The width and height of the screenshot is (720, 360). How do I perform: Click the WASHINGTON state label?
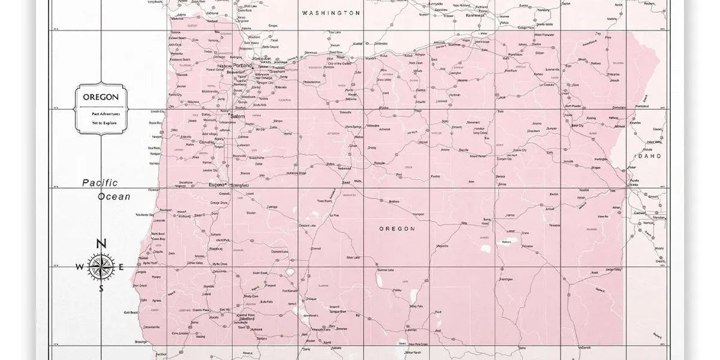[x=331, y=13]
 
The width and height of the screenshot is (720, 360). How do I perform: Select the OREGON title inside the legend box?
[x=100, y=97]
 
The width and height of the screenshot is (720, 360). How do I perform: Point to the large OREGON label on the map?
[x=397, y=229]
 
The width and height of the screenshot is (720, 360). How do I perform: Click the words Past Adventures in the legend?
[x=100, y=113]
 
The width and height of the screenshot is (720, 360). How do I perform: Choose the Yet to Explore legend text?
[x=100, y=122]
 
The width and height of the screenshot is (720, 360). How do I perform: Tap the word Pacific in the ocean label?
[x=100, y=183]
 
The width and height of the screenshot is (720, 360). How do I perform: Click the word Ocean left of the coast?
[x=115, y=196]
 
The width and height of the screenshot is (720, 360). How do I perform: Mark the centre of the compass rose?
[x=100, y=267]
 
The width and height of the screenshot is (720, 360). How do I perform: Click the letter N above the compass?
[x=101, y=244]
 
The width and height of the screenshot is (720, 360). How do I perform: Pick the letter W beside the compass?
[x=80, y=268]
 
